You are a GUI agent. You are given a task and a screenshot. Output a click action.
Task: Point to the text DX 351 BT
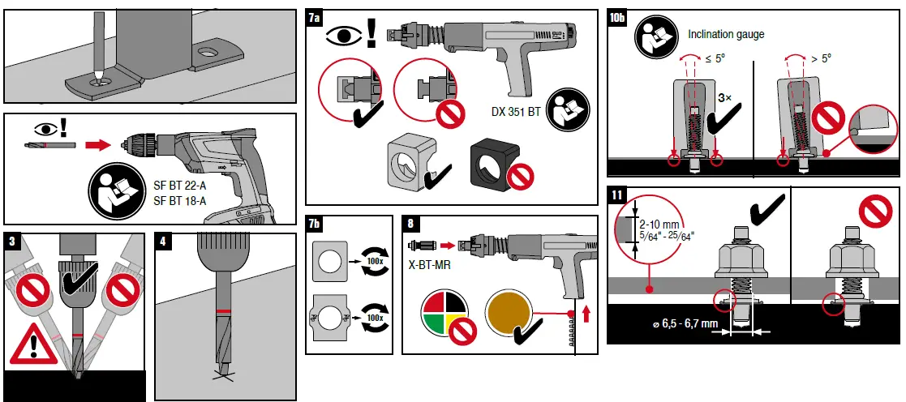[516, 112]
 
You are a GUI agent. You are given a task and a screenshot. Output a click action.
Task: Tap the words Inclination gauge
[726, 34]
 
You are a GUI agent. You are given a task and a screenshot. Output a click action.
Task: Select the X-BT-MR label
[426, 264]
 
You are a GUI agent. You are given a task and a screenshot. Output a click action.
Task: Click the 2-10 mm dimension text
[659, 225]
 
